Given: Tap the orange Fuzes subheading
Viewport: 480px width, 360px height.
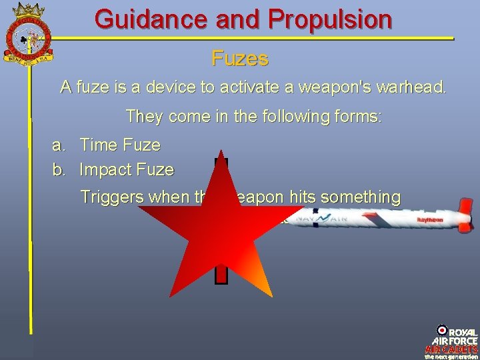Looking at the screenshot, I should (240, 59).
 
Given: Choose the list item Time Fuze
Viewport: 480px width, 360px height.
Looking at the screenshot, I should (120, 145).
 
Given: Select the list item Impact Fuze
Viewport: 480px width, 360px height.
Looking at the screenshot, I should (127, 170).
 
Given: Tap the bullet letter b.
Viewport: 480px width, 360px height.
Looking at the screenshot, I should (59, 170).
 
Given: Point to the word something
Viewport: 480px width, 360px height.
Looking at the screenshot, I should (361, 197).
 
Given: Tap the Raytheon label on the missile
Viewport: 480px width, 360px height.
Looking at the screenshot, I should (430, 219).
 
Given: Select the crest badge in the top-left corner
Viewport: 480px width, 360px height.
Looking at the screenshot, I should (29, 32).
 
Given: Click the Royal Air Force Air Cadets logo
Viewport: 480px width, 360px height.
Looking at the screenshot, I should (452, 341).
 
